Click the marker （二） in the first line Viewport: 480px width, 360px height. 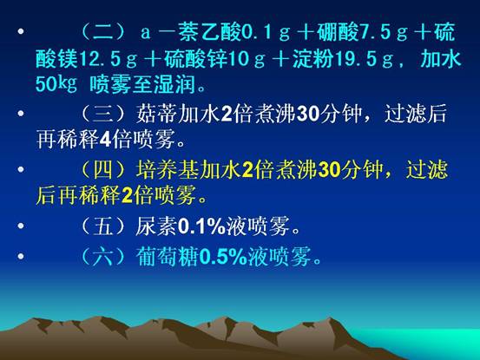click(x=103, y=32)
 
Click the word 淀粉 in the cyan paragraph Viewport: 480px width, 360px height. click(x=313, y=59)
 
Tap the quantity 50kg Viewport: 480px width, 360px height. click(x=56, y=84)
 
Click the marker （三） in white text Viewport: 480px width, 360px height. click(x=103, y=115)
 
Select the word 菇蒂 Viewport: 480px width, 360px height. click(x=157, y=115)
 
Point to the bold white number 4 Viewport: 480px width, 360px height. click(x=106, y=140)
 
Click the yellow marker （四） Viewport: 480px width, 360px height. click(x=103, y=170)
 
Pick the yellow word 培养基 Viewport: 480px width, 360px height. click(x=168, y=170)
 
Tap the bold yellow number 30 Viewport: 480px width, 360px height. click(x=329, y=171)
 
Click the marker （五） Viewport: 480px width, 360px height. click(x=103, y=226)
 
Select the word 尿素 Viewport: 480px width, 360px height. click(x=157, y=226)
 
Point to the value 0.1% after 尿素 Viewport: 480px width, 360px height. click(x=201, y=226)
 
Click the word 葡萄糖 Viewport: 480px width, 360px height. click(x=168, y=257)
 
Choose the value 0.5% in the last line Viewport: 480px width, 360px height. click(x=223, y=257)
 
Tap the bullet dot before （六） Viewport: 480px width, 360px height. click(x=21, y=256)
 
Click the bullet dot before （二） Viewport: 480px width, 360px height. click(x=21, y=31)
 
